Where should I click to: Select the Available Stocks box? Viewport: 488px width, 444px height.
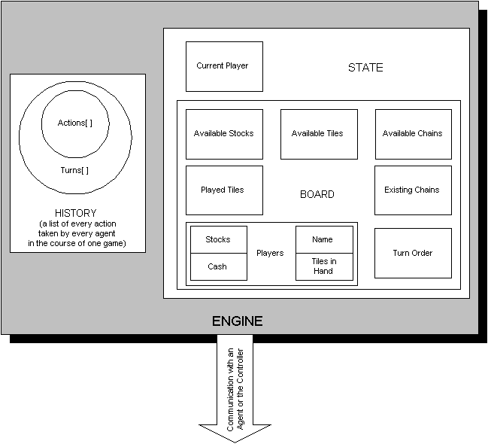[224, 134]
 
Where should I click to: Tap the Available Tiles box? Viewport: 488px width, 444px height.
[318, 134]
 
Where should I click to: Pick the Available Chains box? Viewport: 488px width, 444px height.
[413, 134]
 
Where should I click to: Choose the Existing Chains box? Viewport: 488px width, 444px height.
[413, 190]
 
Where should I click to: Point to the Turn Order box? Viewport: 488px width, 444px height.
[413, 253]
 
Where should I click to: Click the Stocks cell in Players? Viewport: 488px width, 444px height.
[218, 240]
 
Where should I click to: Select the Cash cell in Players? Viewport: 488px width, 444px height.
[218, 266]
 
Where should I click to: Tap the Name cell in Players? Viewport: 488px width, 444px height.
[323, 240]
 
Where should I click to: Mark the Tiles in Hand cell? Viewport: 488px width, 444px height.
[323, 266]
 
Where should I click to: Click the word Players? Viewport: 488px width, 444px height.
[270, 253]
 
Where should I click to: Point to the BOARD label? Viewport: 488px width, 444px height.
[317, 195]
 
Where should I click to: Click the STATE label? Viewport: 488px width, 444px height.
[365, 68]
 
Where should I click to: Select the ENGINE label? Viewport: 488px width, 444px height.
[237, 321]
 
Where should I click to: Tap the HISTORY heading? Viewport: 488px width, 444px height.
[76, 214]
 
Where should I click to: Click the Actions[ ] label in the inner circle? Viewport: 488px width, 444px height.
[75, 123]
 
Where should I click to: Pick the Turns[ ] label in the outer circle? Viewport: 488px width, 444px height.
[74, 170]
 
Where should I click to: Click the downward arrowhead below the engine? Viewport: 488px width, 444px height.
[235, 433]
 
